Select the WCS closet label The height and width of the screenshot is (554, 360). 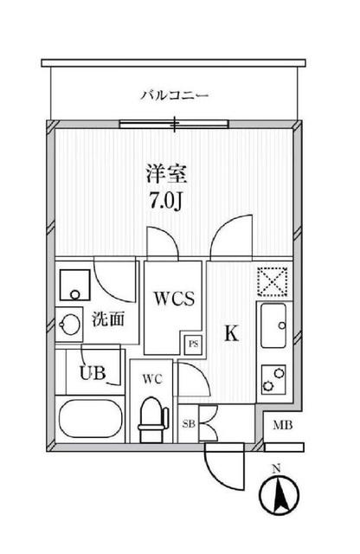(180, 300)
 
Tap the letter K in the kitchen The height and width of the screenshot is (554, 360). (232, 334)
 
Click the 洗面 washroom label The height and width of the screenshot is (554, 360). (108, 319)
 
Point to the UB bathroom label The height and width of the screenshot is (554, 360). (92, 374)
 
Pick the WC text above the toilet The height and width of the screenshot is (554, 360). (152, 377)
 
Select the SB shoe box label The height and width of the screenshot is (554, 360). (189, 423)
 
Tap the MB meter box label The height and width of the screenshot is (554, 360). (282, 425)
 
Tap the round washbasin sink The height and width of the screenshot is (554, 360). (69, 325)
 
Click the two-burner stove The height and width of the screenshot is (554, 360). (276, 377)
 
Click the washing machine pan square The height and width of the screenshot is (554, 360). (75, 283)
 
